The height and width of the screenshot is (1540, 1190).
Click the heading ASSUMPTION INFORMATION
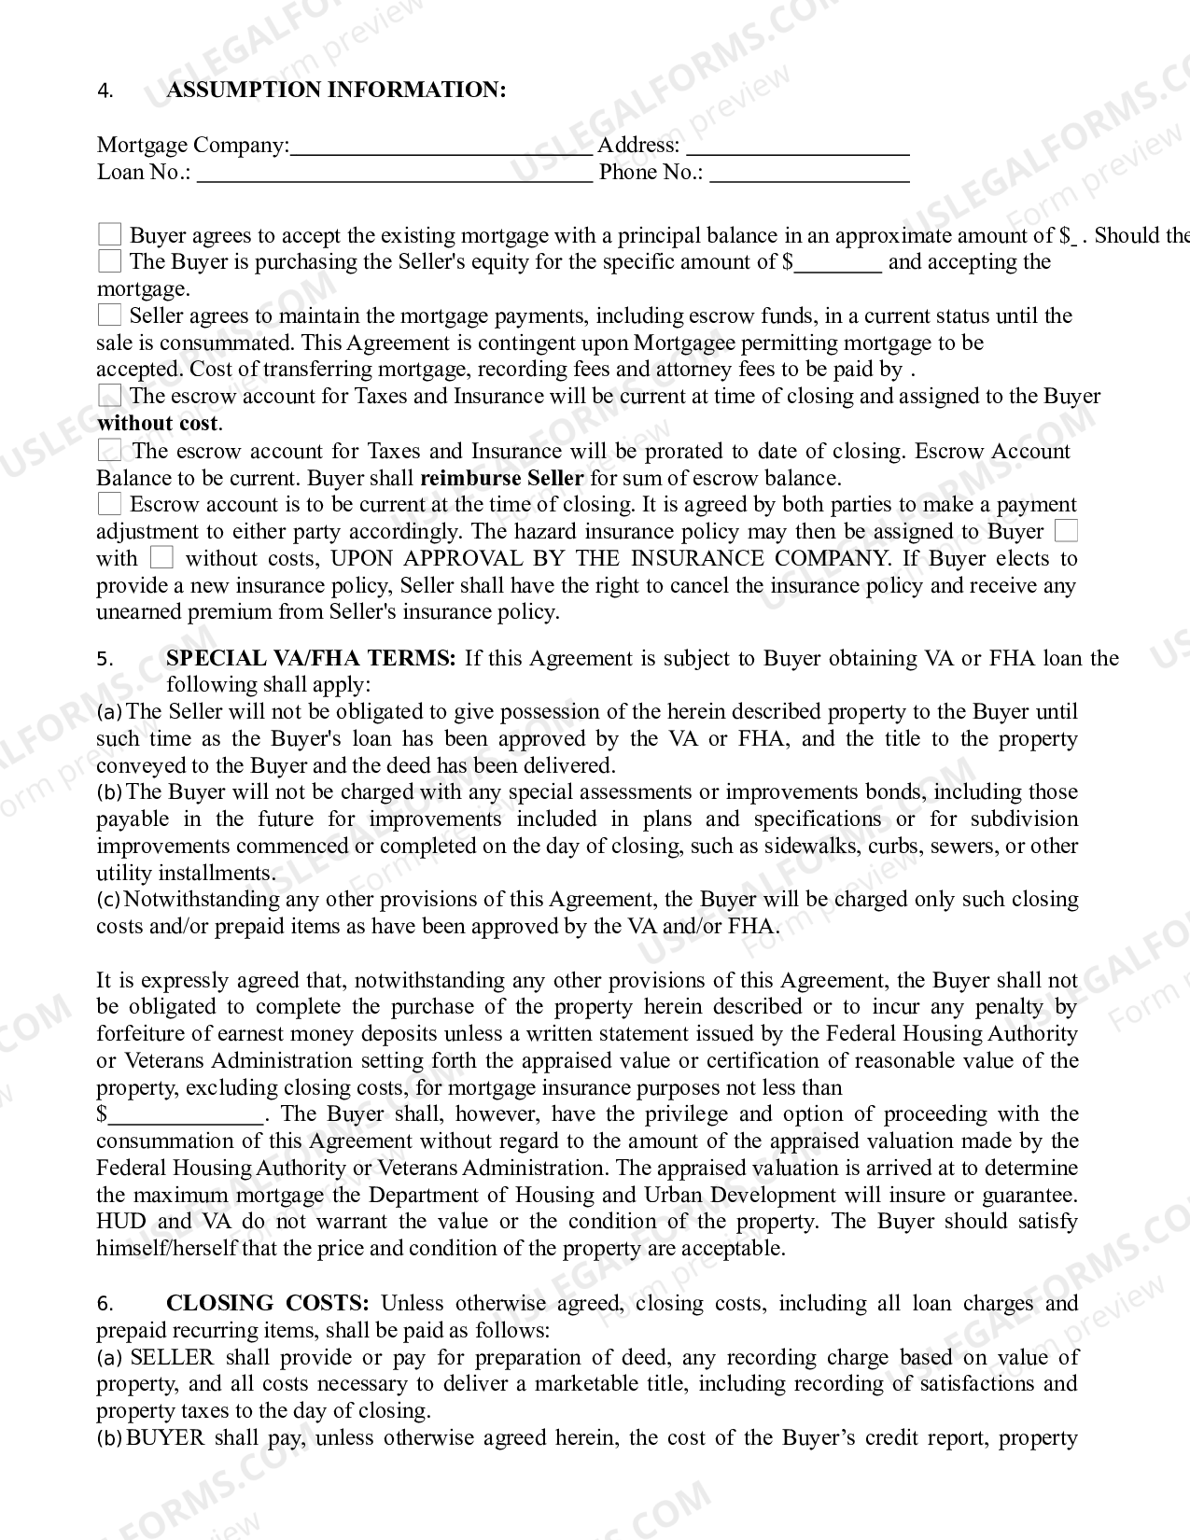[x=336, y=90]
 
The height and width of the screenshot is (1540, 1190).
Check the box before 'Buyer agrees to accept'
[x=110, y=234]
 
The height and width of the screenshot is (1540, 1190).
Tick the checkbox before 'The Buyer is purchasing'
[x=110, y=261]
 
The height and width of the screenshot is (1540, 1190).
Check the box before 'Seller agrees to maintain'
[x=110, y=315]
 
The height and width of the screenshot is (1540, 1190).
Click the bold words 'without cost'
[x=157, y=423]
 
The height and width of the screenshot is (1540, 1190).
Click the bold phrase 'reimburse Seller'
[x=502, y=478]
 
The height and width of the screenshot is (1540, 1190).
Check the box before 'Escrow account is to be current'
[x=110, y=505]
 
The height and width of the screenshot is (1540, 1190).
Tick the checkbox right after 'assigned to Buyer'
[x=1065, y=531]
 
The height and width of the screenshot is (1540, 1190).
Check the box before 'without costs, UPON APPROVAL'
[x=161, y=558]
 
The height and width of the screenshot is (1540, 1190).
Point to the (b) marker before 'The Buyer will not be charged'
[x=109, y=792]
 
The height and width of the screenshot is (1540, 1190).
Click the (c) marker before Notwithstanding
[x=108, y=900]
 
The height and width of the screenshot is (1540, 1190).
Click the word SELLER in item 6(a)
[x=172, y=1357]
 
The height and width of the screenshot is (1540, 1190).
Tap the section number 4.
[x=105, y=91]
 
